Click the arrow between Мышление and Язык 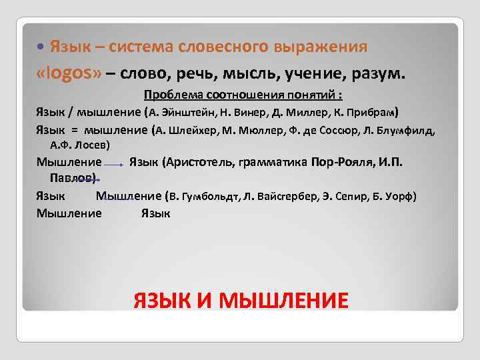115,163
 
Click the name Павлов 73,177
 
